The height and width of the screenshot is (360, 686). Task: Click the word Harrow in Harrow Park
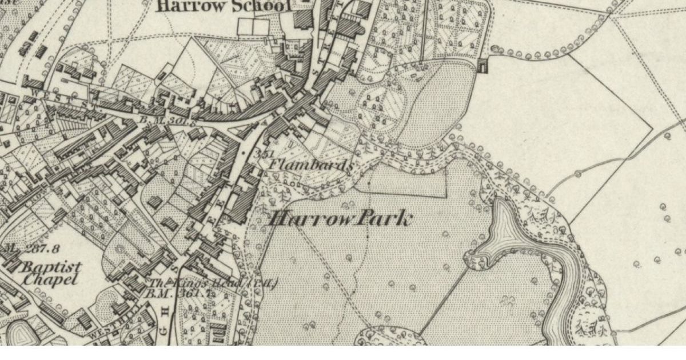(309, 219)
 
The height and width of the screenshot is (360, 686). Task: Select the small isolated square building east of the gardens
(484, 66)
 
